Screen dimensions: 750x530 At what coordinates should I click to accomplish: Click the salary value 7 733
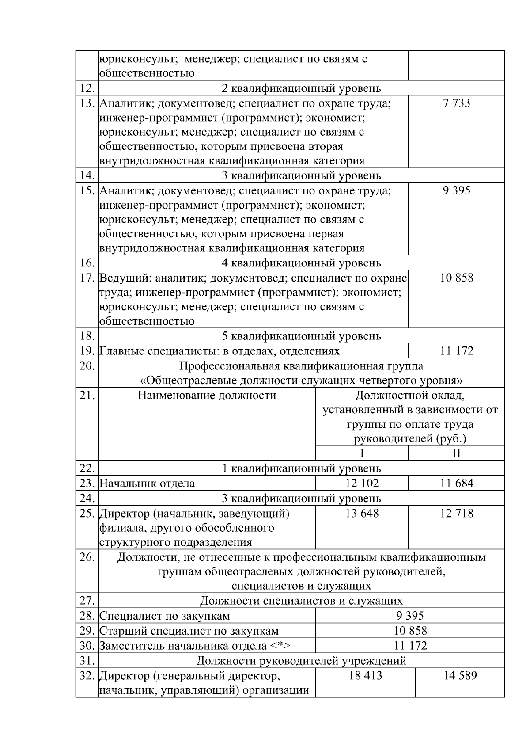tap(457, 103)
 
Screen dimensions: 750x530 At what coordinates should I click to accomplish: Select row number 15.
tap(87, 191)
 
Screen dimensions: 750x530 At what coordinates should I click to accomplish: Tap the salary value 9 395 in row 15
tap(457, 191)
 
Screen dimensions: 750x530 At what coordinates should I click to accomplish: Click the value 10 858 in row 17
tap(457, 278)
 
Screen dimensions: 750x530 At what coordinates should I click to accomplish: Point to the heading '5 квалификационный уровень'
tap(301, 336)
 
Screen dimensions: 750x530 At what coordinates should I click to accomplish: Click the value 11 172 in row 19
tap(457, 351)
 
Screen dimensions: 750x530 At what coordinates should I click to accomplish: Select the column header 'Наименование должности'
tap(207, 395)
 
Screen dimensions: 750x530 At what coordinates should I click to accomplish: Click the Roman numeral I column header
tap(362, 453)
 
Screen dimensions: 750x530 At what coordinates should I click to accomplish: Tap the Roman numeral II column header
tap(457, 453)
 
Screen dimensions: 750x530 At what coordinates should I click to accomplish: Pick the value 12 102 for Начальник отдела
tap(362, 483)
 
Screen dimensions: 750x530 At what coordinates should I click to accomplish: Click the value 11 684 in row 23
tap(457, 483)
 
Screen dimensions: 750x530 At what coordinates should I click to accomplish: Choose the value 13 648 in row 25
tap(362, 513)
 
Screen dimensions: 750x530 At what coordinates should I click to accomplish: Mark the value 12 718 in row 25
tap(457, 513)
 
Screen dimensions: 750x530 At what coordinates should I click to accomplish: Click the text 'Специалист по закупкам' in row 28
tap(165, 616)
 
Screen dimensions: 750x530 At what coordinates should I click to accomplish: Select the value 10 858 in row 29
tap(410, 631)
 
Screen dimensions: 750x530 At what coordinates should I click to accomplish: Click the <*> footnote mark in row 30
tap(280, 646)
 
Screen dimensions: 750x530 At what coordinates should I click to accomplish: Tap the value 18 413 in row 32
tap(365, 676)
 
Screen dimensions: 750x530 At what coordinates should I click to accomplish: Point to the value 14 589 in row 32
tap(460, 676)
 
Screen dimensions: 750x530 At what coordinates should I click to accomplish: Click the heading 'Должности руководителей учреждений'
tap(301, 661)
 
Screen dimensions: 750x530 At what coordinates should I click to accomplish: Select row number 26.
tap(87, 557)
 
